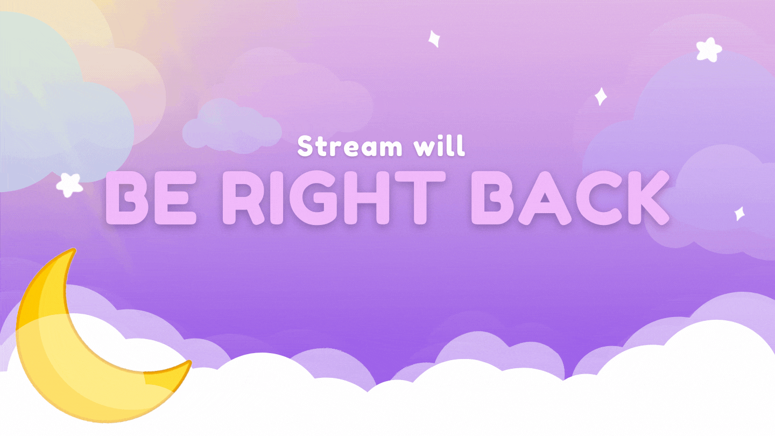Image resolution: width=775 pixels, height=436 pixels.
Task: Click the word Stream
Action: click(x=350, y=146)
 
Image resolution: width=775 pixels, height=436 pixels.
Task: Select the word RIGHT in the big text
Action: click(x=334, y=198)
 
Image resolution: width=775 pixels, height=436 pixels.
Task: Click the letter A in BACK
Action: click(x=545, y=198)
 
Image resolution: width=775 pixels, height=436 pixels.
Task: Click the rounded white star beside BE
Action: click(x=69, y=185)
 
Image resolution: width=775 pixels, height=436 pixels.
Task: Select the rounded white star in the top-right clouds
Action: click(x=709, y=50)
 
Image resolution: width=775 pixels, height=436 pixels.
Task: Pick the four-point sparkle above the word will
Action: click(x=434, y=39)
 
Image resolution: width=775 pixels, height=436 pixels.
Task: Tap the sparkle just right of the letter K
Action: click(x=739, y=214)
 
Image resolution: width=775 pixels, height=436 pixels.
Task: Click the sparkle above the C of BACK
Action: click(x=601, y=96)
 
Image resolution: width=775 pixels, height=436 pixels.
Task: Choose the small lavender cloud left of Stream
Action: click(x=232, y=126)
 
